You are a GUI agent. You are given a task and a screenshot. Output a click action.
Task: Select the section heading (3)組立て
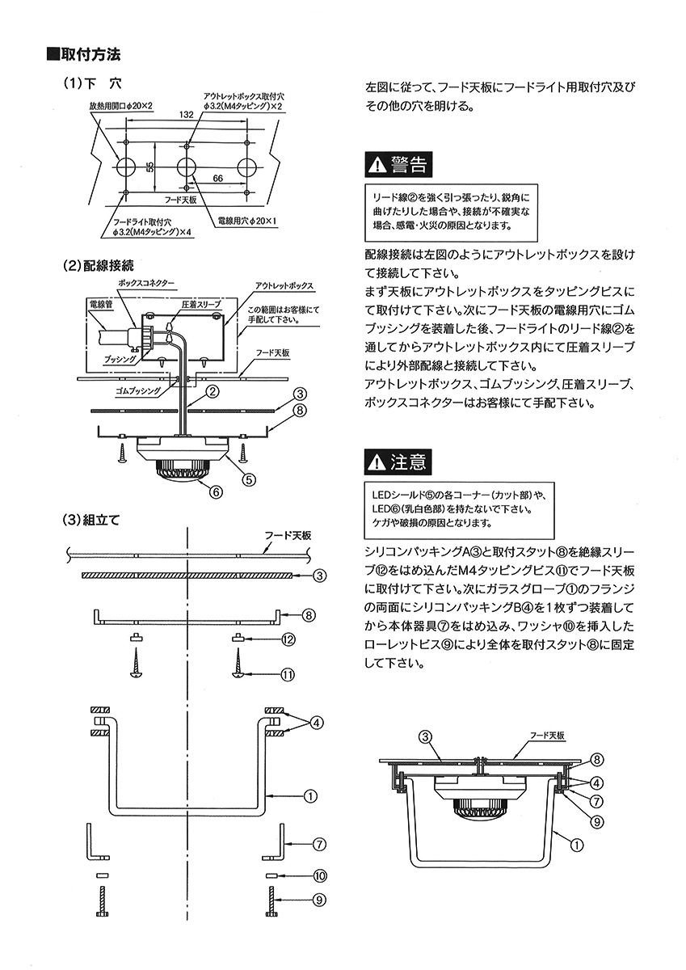tap(91, 520)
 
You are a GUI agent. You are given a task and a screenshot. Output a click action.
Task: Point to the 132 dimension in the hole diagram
tap(186, 116)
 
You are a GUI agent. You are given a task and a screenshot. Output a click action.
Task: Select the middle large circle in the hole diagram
tap(187, 167)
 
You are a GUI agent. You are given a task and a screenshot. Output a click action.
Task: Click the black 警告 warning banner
tap(397, 165)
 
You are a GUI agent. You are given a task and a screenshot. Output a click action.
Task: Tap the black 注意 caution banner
tap(397, 462)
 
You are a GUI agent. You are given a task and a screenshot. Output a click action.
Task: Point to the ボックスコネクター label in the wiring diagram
tap(145, 284)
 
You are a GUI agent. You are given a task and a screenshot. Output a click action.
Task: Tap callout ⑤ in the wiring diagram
tap(249, 479)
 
